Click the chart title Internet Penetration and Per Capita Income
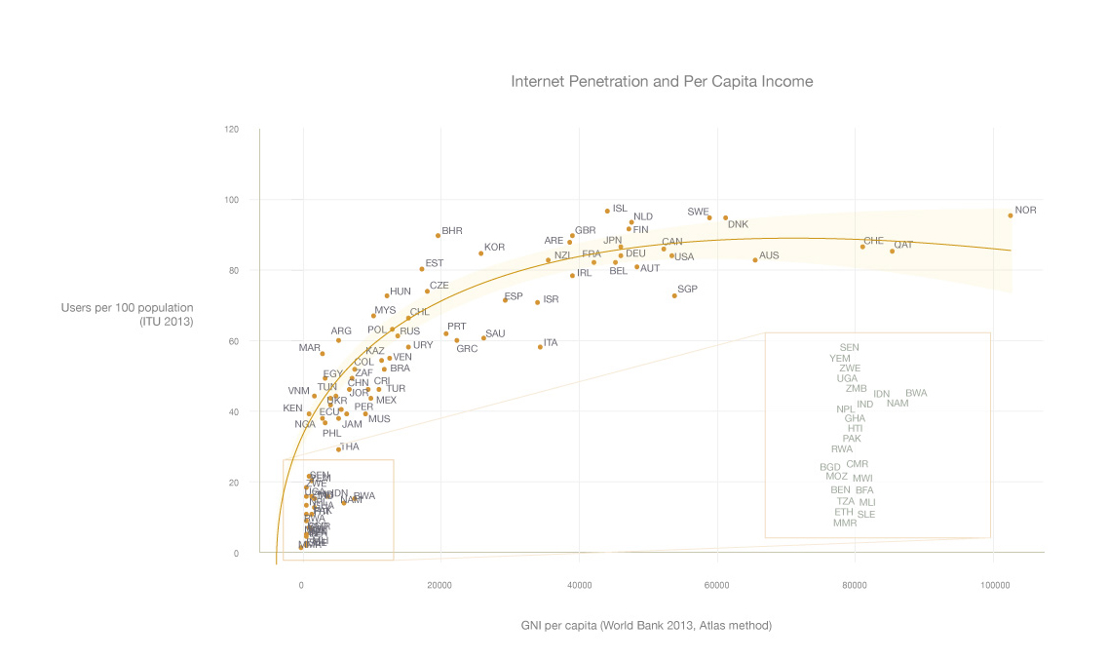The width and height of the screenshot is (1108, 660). (x=662, y=82)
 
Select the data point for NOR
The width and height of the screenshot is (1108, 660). (x=1011, y=215)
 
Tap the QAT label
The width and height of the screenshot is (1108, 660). (x=903, y=245)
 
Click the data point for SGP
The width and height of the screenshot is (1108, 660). (x=674, y=295)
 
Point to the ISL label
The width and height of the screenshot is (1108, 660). (x=620, y=209)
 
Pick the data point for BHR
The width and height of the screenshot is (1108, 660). (x=439, y=235)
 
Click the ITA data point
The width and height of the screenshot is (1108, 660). (x=540, y=347)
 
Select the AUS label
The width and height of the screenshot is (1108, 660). (x=769, y=255)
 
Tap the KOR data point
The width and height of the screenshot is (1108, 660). (x=480, y=253)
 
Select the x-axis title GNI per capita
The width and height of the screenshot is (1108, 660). (x=646, y=625)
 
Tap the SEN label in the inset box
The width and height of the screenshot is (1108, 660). (x=850, y=347)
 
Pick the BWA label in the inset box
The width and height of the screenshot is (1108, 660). (x=916, y=393)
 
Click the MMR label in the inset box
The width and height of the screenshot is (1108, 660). (x=845, y=523)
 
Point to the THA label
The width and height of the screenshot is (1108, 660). (x=350, y=446)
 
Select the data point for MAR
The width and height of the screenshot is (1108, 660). (x=323, y=354)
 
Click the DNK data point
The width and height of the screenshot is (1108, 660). (x=725, y=218)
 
